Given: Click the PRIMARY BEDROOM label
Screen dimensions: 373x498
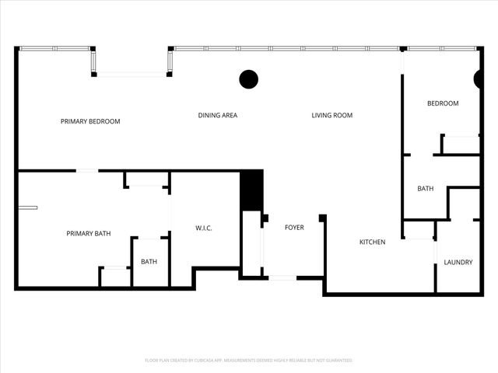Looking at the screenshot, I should point(90,121).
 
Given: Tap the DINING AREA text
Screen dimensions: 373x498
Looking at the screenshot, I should point(218,116).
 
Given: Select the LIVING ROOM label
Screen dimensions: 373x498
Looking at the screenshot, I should point(332,116).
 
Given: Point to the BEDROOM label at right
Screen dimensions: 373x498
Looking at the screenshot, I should point(443,103).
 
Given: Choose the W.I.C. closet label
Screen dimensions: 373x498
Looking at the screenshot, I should point(204,228).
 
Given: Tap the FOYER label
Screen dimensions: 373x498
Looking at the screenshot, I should point(294,228).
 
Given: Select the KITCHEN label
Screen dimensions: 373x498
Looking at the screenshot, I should point(372,242).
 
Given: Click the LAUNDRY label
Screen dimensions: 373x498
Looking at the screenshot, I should point(458,263).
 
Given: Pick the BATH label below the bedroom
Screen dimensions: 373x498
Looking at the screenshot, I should point(426,189).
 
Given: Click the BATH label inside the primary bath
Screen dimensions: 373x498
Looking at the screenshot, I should point(149,262).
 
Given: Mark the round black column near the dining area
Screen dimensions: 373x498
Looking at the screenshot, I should point(248,78).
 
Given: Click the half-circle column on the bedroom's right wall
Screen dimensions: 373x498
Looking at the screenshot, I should point(478,78).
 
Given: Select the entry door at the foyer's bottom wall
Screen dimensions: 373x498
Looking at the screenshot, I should point(282,277).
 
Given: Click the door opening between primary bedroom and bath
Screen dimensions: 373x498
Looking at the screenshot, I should point(87,171).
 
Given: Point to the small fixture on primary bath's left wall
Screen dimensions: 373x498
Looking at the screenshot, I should point(28,207).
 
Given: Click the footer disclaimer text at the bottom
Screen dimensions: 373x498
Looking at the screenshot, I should point(249,361).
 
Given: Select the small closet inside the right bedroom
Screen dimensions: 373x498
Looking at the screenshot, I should point(460,145).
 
